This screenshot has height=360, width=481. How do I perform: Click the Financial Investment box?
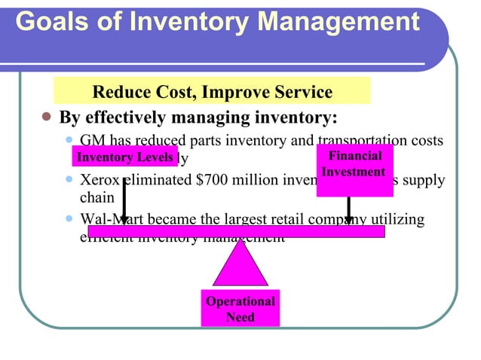coord(354,170)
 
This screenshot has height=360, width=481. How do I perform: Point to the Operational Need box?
coord(240,309)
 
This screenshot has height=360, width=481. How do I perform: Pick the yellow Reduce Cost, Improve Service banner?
coord(212,93)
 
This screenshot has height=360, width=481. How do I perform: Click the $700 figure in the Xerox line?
coord(213,182)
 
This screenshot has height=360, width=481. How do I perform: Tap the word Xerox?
coord(99,182)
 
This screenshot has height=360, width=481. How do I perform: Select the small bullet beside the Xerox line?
coord(70,182)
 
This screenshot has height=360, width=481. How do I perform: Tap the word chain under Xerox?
coord(96,198)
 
